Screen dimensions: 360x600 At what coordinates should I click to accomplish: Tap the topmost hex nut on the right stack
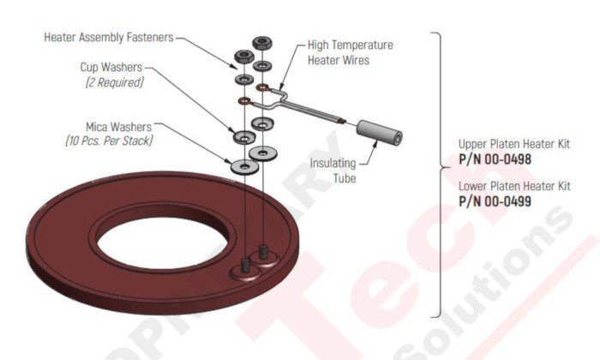262,43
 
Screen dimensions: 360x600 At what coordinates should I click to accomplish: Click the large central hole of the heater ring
162,232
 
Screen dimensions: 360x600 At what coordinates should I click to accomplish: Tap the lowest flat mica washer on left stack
244,163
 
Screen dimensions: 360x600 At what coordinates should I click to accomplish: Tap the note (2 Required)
114,82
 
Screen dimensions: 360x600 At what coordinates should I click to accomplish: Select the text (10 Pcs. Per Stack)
110,139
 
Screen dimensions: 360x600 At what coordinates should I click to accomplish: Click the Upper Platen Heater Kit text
513,143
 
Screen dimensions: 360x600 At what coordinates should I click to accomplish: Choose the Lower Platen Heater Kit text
513,186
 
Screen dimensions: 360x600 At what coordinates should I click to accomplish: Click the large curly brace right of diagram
440,171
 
